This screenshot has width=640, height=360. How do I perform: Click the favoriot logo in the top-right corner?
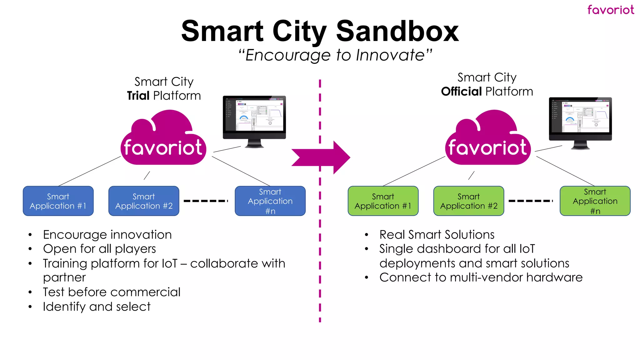click(x=610, y=10)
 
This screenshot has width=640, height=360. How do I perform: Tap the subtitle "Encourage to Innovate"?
click(x=335, y=55)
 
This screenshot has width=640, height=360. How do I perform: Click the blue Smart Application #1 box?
click(x=58, y=201)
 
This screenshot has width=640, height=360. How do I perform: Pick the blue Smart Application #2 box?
click(x=144, y=201)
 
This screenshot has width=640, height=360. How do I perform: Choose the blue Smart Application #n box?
click(x=270, y=201)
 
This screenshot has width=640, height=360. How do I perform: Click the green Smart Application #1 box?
click(x=383, y=201)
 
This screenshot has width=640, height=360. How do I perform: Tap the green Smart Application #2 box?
click(x=468, y=201)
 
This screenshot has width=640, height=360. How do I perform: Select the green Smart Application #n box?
click(x=595, y=201)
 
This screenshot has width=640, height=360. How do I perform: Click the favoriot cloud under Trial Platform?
click(x=163, y=141)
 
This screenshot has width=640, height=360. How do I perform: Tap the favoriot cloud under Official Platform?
click(x=488, y=141)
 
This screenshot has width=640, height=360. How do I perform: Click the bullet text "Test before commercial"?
click(x=112, y=292)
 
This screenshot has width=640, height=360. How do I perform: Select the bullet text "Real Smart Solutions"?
click(x=437, y=235)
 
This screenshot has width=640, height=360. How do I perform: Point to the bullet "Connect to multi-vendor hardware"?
click(x=481, y=277)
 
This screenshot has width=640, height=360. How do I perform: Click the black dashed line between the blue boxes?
click(x=206, y=201)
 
